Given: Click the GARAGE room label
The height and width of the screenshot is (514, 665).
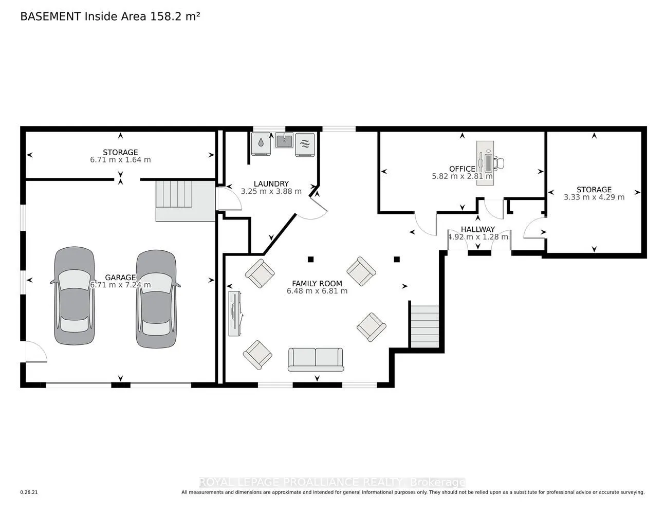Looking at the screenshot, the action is point(120,277).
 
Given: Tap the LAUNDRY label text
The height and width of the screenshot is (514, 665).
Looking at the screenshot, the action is point(271,183).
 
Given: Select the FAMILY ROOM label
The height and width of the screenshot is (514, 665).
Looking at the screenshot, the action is point(317,283).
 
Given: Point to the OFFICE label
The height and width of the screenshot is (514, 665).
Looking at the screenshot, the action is point(462,169).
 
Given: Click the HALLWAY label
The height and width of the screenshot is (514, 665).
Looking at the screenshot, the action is point(478,229).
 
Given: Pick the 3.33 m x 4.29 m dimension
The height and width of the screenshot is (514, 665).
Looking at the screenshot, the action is point(594,197).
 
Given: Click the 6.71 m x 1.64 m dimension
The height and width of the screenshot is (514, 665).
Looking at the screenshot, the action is point(120,160).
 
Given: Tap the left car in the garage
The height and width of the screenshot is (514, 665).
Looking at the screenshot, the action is point(75,296).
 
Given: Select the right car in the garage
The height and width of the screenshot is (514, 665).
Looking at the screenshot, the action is point(156,299).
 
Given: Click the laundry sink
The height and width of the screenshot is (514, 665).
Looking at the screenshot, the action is point(284,140).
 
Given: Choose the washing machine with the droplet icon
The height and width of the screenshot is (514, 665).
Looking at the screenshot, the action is point(261,144).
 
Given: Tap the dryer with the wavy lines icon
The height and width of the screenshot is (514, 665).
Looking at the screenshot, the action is point(305,145).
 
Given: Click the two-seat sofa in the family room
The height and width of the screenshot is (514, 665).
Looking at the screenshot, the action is point(316,359).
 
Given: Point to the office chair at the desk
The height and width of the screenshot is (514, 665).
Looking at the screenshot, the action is point(499,163).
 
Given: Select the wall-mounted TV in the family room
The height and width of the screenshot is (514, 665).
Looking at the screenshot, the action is point(235,314).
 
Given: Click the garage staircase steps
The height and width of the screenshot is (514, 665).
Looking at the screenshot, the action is point(174,194).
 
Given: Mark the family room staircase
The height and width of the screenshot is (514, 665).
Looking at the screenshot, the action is point(424,326).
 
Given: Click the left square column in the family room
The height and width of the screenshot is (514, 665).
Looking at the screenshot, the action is point(310,260).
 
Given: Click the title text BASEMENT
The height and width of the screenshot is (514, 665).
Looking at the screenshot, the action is point(50,16).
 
